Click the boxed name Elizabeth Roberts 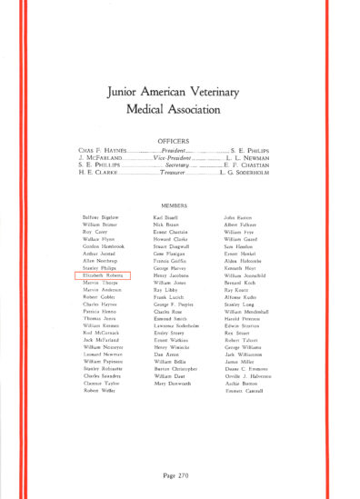(x=101, y=273)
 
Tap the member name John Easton (x=237, y=218)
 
